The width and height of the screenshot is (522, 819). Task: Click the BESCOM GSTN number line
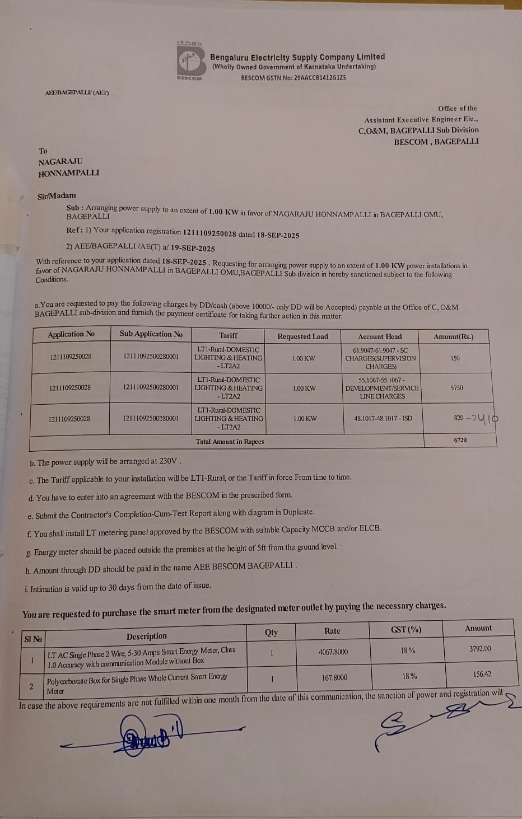293,78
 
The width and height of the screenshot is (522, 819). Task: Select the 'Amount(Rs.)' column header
453,336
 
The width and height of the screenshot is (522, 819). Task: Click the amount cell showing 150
455,358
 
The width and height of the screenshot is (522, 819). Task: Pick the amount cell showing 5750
456,387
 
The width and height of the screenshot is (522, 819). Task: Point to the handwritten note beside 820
484,418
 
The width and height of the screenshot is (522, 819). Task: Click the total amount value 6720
460,440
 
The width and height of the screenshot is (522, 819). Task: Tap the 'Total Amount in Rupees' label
230,441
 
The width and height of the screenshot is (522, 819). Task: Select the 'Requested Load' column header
302,336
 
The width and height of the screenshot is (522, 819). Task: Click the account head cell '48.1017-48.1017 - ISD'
383,418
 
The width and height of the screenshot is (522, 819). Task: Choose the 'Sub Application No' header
151,334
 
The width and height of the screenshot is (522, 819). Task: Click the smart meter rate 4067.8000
333,652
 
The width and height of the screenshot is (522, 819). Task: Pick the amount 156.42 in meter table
482,674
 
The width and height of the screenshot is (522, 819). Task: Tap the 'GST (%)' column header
406,630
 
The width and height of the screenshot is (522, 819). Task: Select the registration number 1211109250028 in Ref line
209,232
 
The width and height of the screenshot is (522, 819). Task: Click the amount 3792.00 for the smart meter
480,649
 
